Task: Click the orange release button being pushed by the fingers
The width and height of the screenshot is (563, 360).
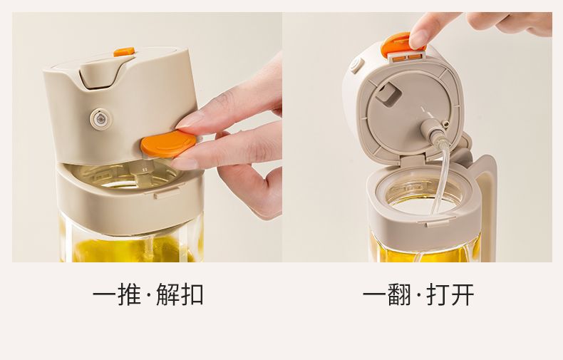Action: [x=168, y=143]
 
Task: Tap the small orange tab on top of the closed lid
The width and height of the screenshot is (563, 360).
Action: [x=124, y=52]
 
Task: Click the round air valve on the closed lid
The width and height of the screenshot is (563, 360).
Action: [x=100, y=118]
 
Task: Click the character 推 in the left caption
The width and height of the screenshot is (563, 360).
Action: [x=128, y=294]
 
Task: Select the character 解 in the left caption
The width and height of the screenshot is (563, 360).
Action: [x=168, y=294]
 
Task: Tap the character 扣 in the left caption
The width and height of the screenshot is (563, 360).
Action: [x=192, y=294]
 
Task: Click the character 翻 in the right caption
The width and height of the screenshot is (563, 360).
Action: [x=398, y=294]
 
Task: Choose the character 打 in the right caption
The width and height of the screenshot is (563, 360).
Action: [x=438, y=294]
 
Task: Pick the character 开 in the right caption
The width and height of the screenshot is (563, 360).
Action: [x=462, y=294]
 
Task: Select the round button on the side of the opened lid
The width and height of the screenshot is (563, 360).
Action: [x=356, y=66]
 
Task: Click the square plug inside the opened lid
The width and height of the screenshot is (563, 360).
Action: [x=389, y=94]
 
